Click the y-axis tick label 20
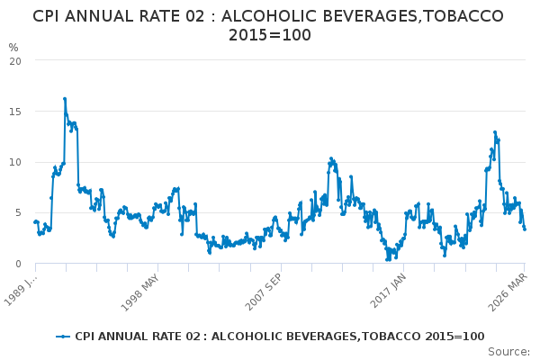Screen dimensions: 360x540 coord(15,60)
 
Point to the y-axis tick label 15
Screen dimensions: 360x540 coord(15,112)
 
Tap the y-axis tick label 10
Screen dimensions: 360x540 coord(15,162)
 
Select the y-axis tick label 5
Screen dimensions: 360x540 coord(18,213)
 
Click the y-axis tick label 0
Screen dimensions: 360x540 coord(18,264)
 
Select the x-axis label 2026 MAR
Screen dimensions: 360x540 coord(507,291)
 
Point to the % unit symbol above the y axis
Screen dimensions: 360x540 coord(13,47)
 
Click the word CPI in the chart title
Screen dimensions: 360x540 coord(49,16)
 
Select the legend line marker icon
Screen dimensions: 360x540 coord(62,337)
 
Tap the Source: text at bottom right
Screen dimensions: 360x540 coord(508,351)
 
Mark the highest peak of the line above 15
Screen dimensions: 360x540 coord(65,98)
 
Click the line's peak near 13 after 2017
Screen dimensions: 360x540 coord(494,132)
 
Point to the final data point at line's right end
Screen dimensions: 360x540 coord(525,229)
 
